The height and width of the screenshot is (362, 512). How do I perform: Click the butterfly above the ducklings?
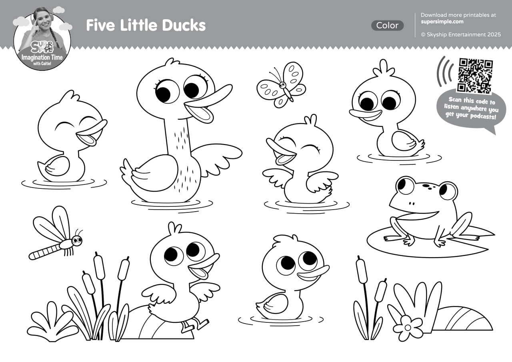(281, 85)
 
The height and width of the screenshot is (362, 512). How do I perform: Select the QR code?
(475, 75)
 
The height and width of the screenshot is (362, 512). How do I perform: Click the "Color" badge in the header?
(387, 26)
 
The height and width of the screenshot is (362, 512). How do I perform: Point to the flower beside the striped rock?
(408, 328)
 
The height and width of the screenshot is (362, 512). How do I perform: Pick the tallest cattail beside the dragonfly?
(99, 266)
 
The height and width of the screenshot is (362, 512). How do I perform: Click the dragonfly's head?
(76, 240)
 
